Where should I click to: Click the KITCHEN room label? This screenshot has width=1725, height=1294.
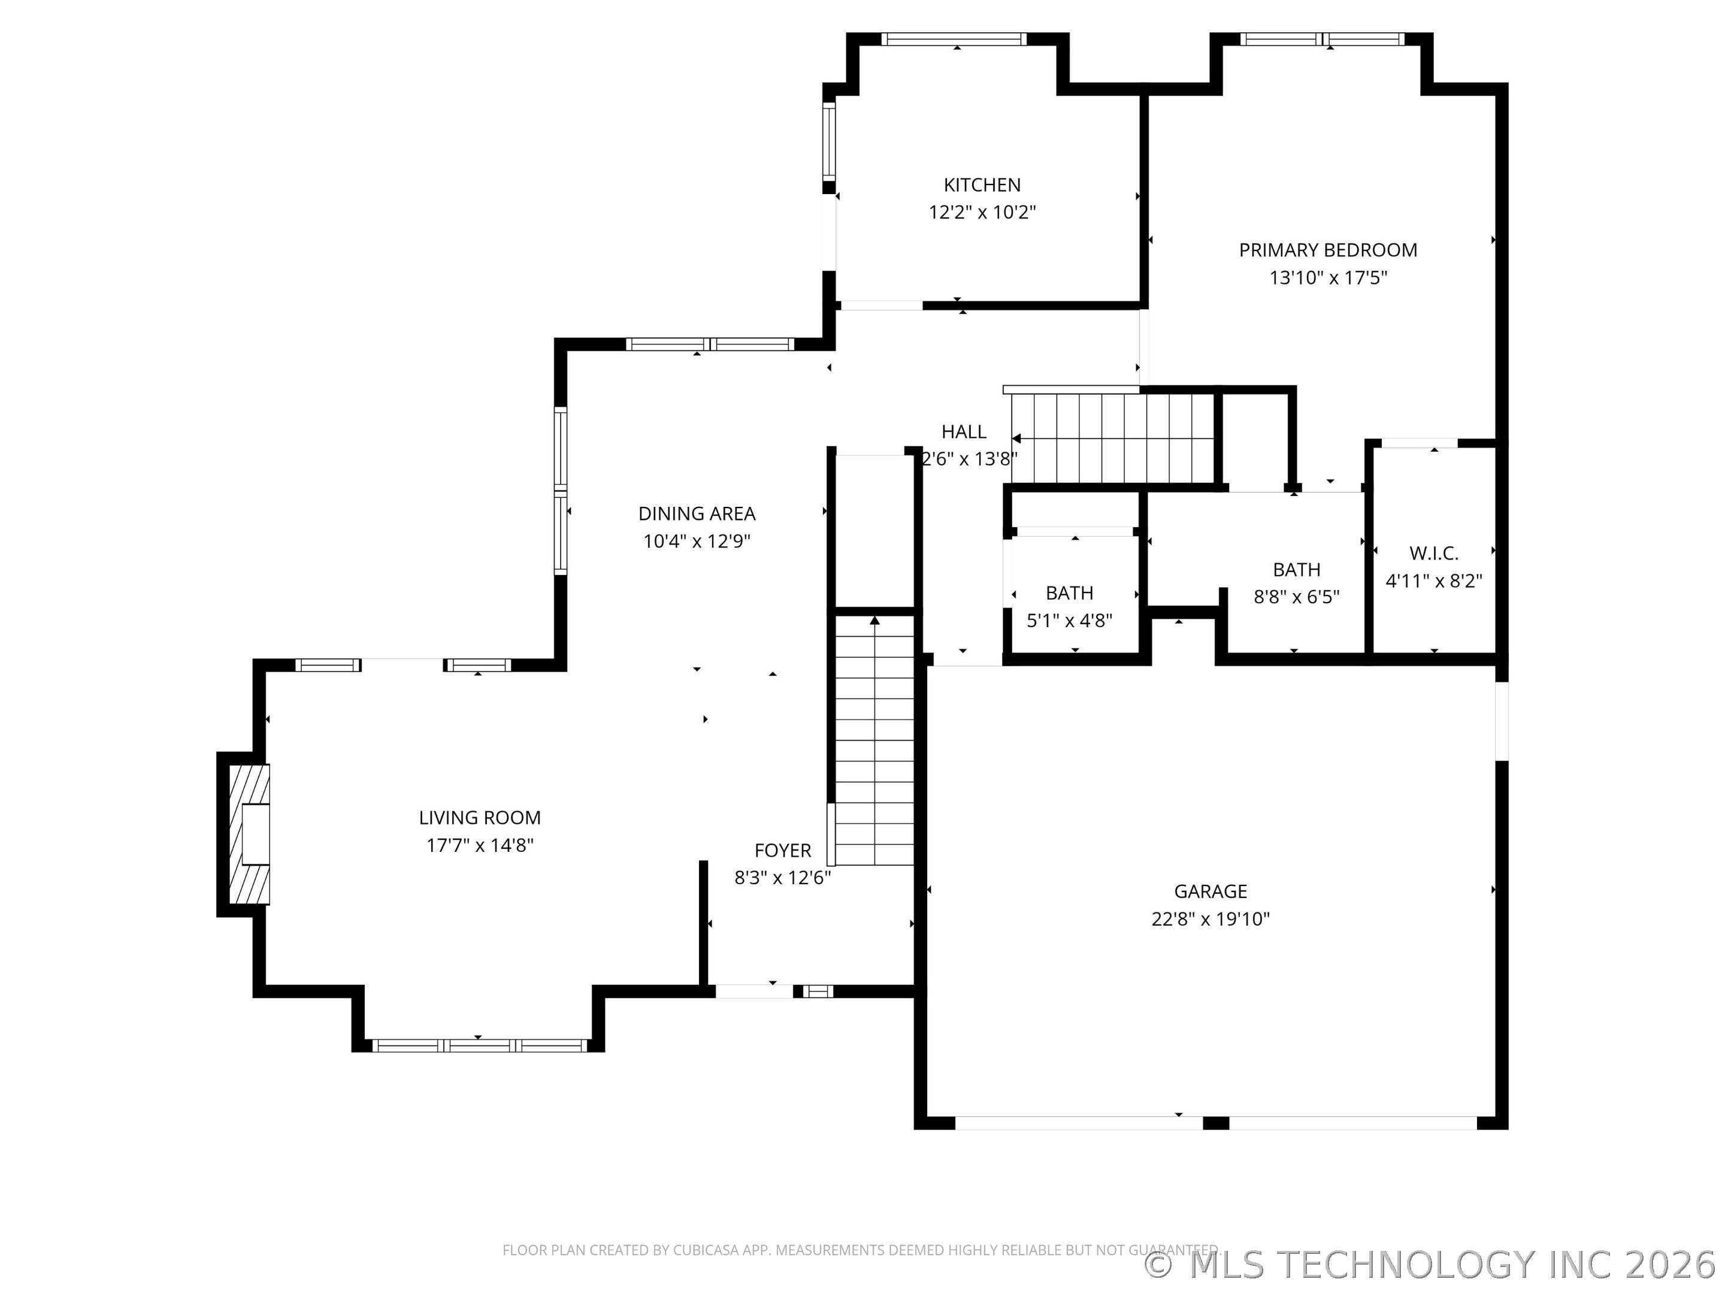pyautogui.click(x=981, y=185)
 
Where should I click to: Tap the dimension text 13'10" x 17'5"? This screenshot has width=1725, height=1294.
pyautogui.click(x=1328, y=278)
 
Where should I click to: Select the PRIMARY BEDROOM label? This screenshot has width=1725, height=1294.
pyautogui.click(x=1328, y=250)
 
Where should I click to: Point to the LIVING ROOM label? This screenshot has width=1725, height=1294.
pyautogui.click(x=480, y=817)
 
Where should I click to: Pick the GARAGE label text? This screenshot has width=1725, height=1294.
pyautogui.click(x=1210, y=891)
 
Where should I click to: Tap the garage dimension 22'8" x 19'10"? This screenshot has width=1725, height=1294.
pyautogui.click(x=1210, y=919)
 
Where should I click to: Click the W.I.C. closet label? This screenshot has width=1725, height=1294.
pyautogui.click(x=1433, y=553)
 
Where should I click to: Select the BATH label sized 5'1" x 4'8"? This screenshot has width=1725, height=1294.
pyautogui.click(x=1069, y=593)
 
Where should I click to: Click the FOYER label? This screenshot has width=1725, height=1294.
pyautogui.click(x=782, y=850)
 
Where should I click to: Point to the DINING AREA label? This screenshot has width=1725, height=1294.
pyautogui.click(x=697, y=513)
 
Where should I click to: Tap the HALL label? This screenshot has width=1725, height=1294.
pyautogui.click(x=963, y=431)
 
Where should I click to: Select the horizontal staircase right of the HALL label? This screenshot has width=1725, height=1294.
pyautogui.click(x=1113, y=439)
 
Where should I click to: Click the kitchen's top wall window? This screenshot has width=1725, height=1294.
pyautogui.click(x=954, y=40)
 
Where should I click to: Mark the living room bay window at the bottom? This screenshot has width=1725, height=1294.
pyautogui.click(x=479, y=1046)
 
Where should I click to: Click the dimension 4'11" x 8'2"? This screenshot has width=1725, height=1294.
pyautogui.click(x=1433, y=581)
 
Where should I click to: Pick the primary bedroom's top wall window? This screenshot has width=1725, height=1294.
pyautogui.click(x=1322, y=40)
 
